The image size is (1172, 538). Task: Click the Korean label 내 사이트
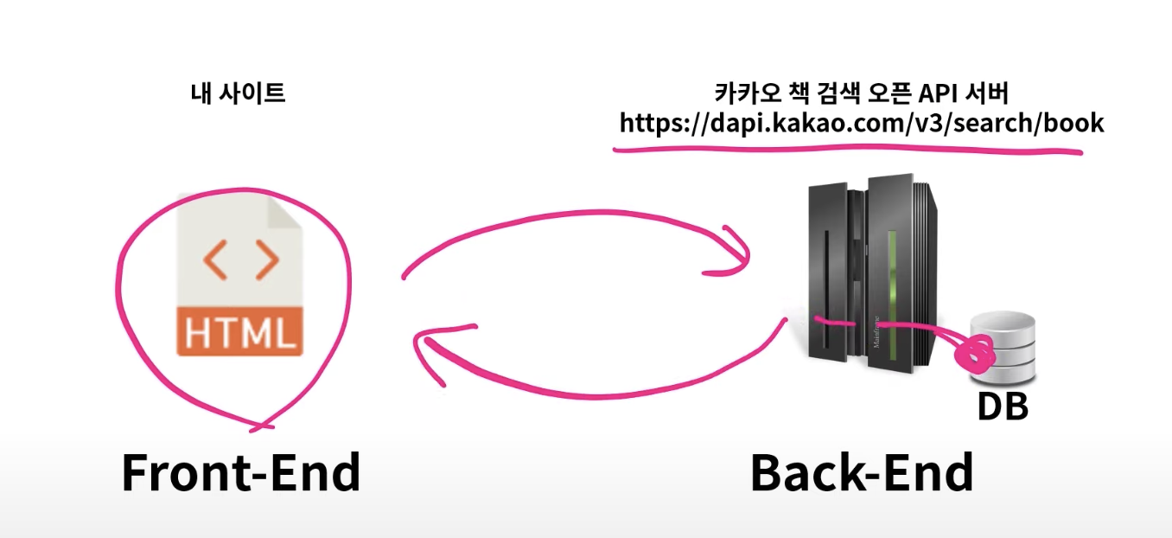click(x=238, y=93)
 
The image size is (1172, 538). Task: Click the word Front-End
click(x=240, y=473)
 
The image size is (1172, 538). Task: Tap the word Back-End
click(x=861, y=473)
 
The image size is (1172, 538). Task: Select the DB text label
click(x=1002, y=407)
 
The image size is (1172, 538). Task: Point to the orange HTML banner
click(x=239, y=332)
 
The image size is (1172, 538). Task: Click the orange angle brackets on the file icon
click(x=241, y=261)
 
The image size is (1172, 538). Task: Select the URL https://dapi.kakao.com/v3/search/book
click(x=861, y=123)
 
